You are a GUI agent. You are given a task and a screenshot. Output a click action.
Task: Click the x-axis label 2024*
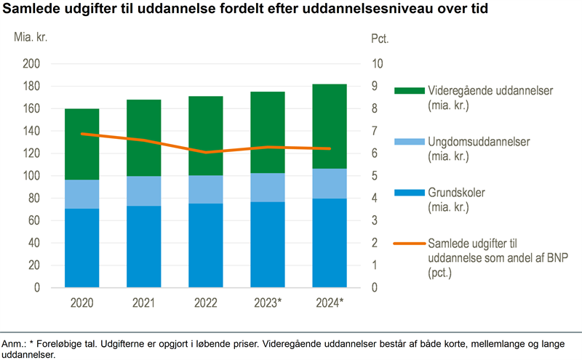point(328,303)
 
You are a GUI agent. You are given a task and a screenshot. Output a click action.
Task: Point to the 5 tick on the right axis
point(374,176)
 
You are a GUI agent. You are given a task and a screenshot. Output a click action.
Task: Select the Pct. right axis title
point(379,38)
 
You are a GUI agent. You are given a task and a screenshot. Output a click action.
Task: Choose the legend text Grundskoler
point(456,193)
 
